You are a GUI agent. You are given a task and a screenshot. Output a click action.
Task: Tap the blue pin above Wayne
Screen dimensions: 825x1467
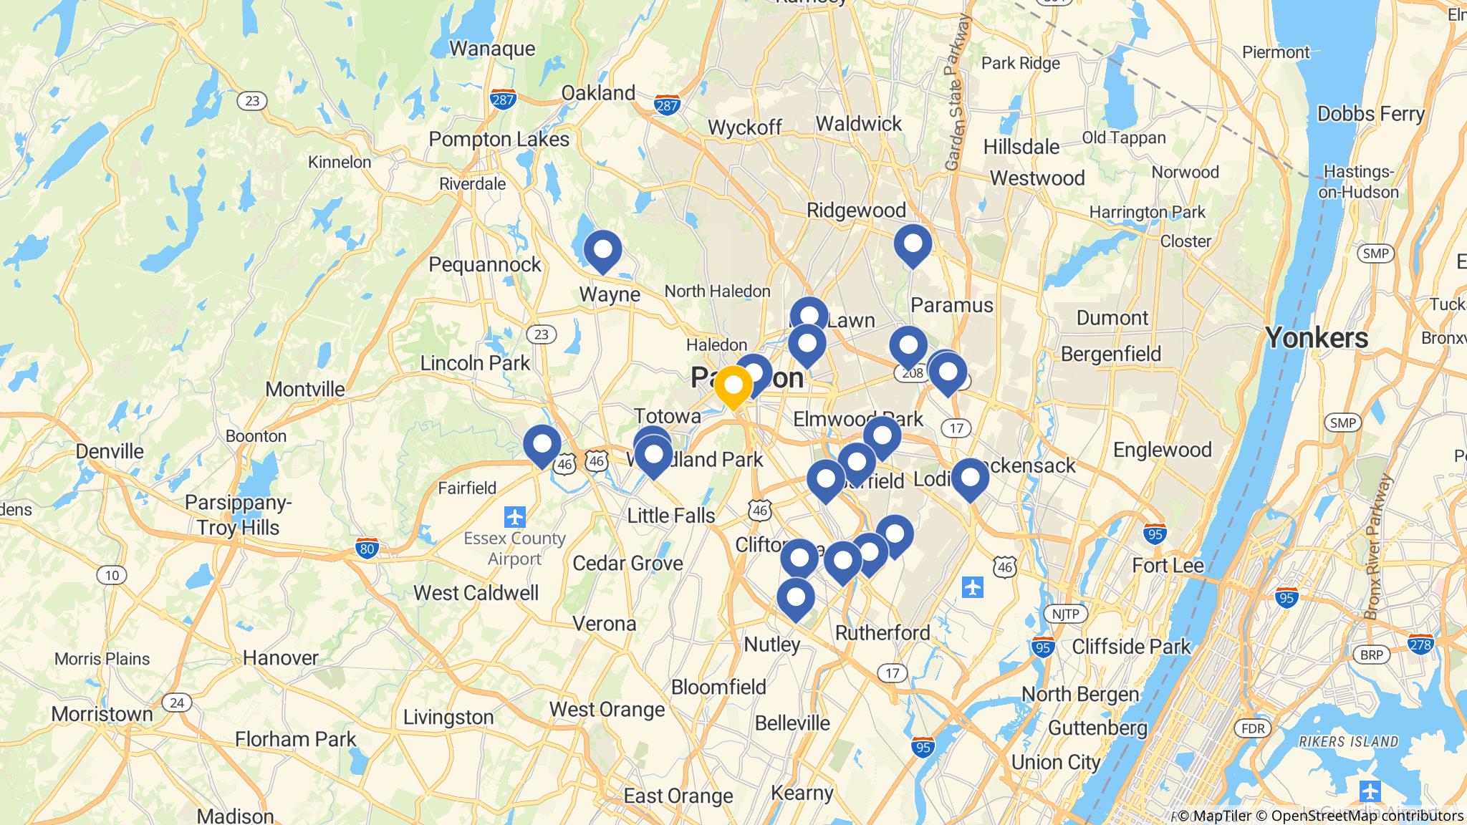click(602, 251)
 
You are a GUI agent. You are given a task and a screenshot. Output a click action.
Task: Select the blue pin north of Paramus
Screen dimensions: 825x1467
click(913, 244)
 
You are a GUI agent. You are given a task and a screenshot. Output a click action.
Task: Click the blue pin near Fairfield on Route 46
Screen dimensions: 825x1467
click(542, 445)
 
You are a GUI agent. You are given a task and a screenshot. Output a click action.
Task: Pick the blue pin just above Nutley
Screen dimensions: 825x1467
click(796, 598)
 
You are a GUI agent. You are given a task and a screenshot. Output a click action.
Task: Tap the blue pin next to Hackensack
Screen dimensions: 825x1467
click(970, 478)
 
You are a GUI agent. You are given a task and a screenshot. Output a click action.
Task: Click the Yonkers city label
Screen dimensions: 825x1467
click(1317, 337)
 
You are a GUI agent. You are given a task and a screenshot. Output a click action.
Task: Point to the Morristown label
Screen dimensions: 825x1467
click(102, 714)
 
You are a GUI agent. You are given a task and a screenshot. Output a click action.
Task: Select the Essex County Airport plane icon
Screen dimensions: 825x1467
click(514, 516)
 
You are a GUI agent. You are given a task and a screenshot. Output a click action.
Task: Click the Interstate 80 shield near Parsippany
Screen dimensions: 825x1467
click(367, 549)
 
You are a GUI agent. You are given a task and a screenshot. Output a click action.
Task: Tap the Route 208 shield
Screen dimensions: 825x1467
click(912, 373)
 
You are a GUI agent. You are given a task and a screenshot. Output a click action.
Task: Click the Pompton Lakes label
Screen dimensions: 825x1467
click(499, 139)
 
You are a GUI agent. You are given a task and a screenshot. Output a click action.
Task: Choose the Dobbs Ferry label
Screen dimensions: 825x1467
click(1370, 114)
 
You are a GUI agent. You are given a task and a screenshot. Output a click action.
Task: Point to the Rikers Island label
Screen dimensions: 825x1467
click(1349, 741)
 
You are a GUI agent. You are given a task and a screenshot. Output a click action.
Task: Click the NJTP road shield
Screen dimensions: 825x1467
click(1065, 614)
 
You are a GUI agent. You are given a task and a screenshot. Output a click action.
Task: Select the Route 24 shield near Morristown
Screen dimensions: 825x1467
click(177, 703)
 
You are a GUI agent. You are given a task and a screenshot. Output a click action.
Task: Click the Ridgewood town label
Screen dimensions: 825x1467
click(856, 210)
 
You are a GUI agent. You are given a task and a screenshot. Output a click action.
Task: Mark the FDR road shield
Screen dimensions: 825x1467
click(1253, 729)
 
